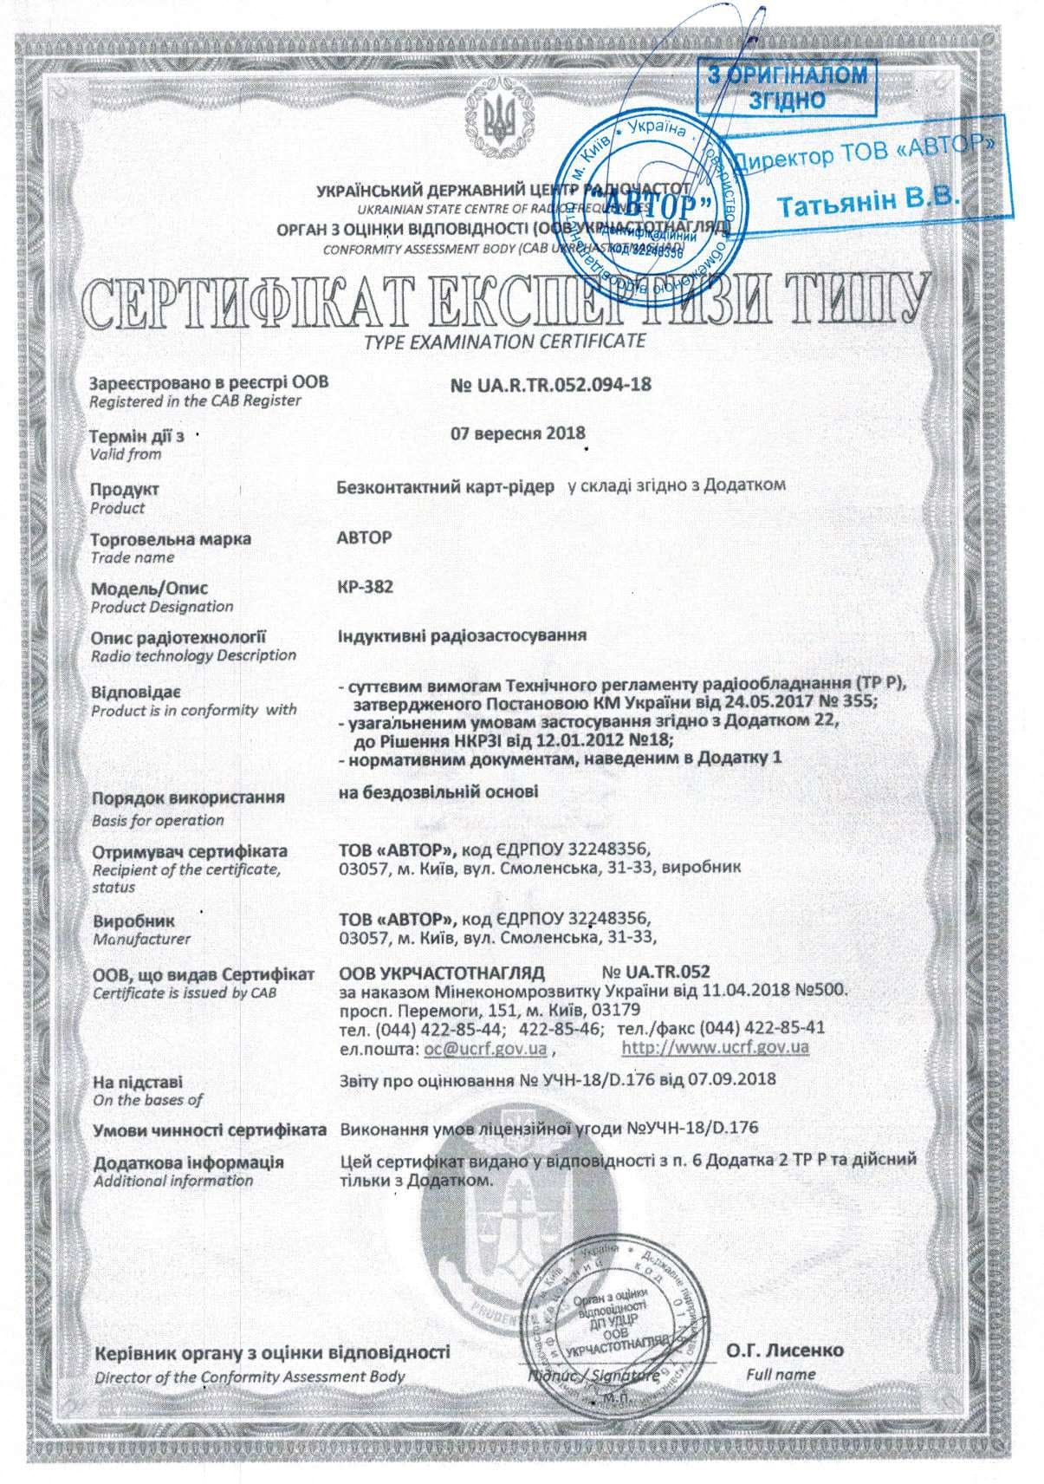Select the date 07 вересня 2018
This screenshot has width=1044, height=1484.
pos(518,433)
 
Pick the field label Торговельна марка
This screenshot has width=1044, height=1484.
pos(172,538)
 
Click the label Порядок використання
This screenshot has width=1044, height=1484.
pos(188,797)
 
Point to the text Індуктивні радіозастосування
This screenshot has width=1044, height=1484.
pos(461,635)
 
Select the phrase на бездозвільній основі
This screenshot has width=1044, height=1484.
pos(438,791)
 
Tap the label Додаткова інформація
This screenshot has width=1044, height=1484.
pos(188,1162)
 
